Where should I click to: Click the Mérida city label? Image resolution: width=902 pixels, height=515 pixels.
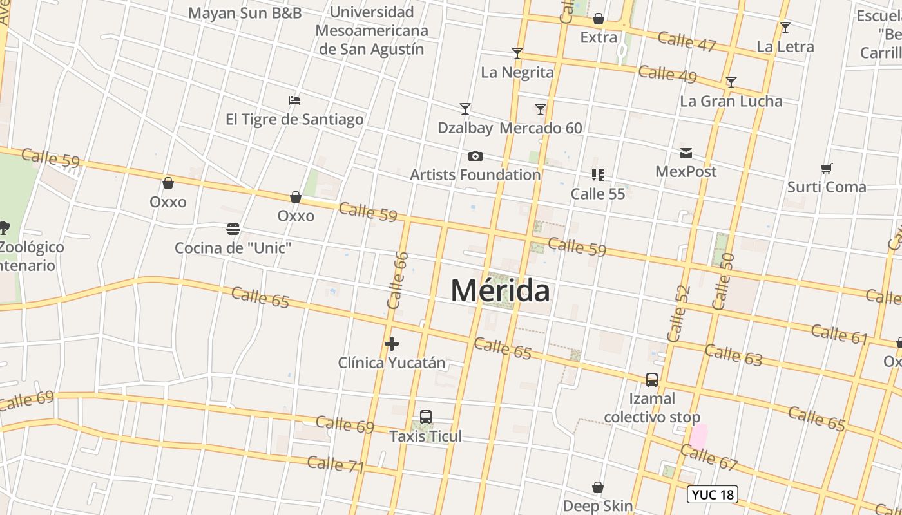tap(500, 290)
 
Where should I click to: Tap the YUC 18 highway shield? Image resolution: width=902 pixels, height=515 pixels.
tap(712, 494)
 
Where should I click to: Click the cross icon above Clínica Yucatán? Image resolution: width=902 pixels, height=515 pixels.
tap(391, 344)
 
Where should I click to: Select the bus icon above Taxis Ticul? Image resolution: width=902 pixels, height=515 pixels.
tap(425, 417)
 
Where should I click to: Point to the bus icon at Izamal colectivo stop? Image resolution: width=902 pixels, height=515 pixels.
tap(652, 380)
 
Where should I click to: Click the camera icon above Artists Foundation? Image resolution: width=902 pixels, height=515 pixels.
tap(475, 156)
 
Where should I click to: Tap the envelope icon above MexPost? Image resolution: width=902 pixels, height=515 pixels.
tap(686, 153)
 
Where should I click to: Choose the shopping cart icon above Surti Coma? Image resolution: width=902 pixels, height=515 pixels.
tap(827, 169)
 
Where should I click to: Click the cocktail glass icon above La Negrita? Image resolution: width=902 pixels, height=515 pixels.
tap(517, 53)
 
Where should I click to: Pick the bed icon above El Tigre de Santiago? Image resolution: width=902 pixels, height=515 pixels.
tap(294, 100)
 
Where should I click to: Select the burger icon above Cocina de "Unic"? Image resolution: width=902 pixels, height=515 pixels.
tap(233, 229)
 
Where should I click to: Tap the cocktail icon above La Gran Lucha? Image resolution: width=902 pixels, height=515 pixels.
tap(731, 82)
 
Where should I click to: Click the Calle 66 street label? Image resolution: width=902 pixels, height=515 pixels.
tap(398, 279)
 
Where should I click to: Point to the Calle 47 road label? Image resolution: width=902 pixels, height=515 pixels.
tap(687, 41)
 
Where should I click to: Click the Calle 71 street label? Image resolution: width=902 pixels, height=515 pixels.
tap(336, 464)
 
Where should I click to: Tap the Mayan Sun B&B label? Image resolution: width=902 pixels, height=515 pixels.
tap(245, 13)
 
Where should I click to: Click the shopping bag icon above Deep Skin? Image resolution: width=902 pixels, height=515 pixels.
tap(598, 487)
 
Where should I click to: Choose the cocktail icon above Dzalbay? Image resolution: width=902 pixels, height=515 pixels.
tap(465, 109)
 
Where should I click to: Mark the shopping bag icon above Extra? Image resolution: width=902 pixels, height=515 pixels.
tap(599, 19)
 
